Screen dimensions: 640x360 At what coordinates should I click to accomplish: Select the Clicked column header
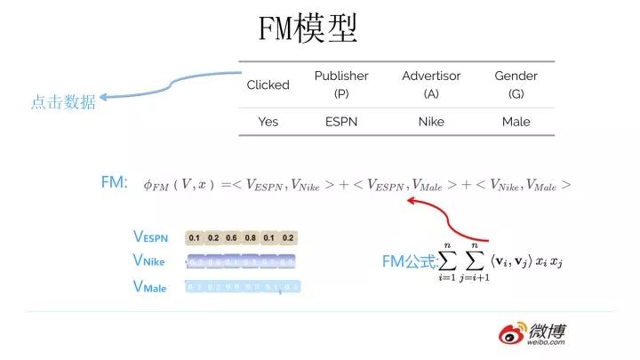click(268, 84)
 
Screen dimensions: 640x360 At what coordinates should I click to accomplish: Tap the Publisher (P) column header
click(341, 84)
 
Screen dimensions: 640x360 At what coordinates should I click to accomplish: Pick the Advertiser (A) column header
click(431, 84)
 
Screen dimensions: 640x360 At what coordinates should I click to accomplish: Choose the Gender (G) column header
click(516, 84)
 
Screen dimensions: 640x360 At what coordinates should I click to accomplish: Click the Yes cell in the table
click(268, 122)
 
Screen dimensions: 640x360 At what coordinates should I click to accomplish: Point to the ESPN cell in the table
click(341, 122)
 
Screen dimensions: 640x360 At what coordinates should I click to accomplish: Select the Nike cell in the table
click(431, 122)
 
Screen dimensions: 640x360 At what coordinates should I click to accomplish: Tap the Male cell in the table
click(516, 122)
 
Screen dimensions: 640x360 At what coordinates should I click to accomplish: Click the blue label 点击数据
click(62, 101)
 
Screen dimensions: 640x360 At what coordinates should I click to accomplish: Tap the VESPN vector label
click(151, 237)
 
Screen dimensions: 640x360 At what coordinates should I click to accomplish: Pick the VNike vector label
click(148, 261)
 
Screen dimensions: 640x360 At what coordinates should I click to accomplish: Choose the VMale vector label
click(149, 287)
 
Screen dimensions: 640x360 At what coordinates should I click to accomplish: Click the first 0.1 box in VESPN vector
click(195, 238)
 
